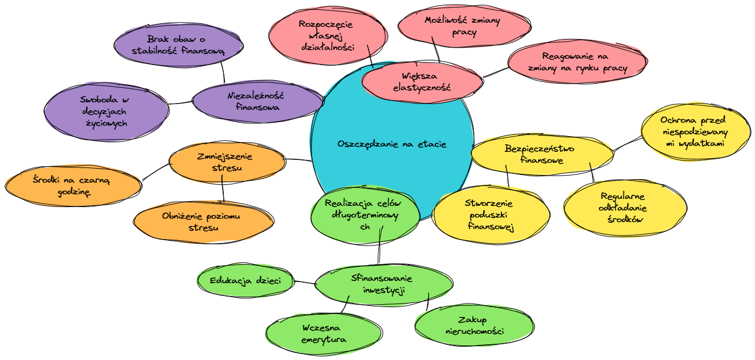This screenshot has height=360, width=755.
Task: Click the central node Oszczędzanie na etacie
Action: pos(392,144)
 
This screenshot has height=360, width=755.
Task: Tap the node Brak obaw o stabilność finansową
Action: pos(178,45)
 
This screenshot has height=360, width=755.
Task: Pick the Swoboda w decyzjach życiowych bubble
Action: pos(105,111)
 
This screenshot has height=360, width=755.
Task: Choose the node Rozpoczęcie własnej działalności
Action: pos(329,35)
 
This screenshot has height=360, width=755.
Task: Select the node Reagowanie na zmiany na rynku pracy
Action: pos(577,62)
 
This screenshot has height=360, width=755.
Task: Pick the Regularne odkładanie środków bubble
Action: pos(622,208)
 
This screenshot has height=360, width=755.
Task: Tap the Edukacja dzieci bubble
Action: pos(246,280)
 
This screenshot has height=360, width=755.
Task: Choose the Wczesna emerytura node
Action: pos(324,333)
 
